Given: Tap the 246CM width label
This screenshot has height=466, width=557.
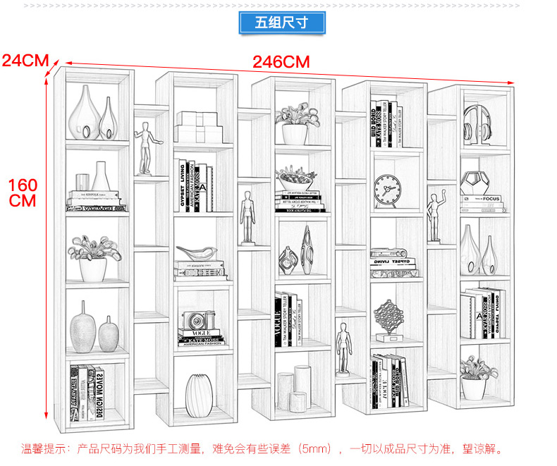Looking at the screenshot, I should point(281,62).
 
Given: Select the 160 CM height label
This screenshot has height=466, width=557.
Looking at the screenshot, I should point(23,192).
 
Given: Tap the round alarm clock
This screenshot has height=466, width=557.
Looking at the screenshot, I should point(388,190).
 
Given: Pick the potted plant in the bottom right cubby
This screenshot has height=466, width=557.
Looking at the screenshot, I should point(475,378).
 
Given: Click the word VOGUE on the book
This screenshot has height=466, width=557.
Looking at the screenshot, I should point(198,332).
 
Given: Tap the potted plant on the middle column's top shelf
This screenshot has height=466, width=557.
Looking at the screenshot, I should point(294,124).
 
